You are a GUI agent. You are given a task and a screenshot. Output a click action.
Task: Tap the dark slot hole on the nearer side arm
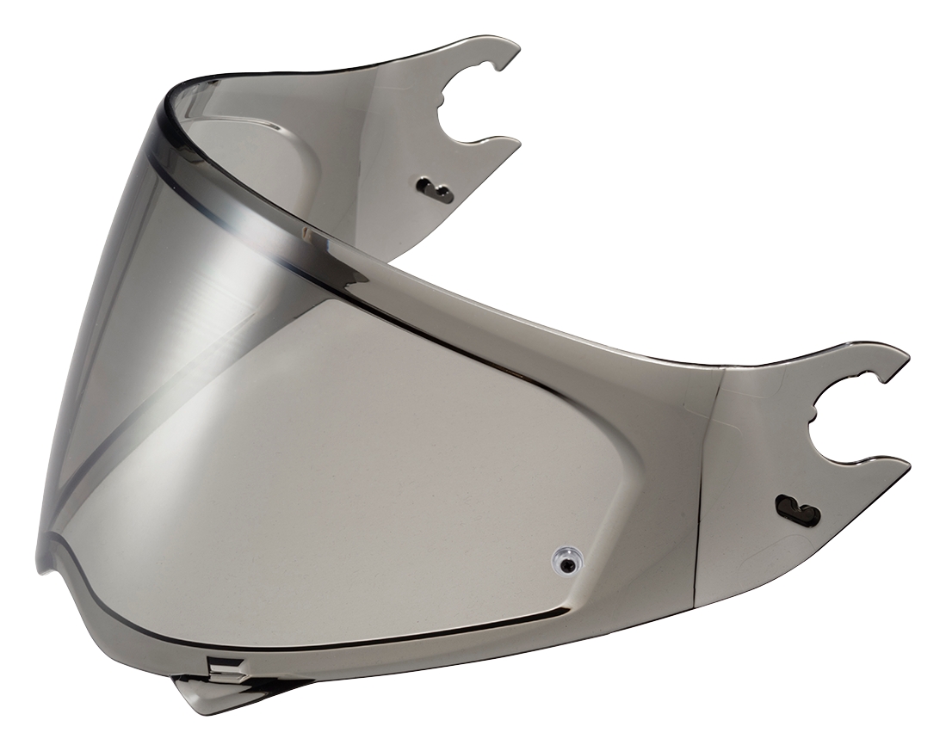pos(797,510)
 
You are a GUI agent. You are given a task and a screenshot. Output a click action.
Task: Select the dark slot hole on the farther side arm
pos(437,189)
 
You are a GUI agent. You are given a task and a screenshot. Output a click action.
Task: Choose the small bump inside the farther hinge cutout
pos(445,110)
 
